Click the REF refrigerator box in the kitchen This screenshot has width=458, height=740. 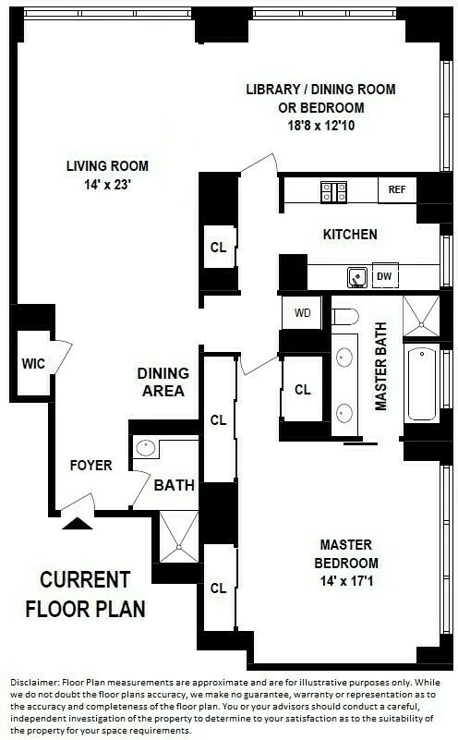[x=397, y=189]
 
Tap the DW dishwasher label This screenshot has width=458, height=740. [x=385, y=275]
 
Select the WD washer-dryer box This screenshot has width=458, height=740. [x=302, y=312]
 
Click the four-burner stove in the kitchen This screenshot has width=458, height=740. [x=333, y=191]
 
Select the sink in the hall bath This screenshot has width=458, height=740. [x=147, y=449]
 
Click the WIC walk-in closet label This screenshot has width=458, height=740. [x=32, y=363]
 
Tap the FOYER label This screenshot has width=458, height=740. [x=90, y=466]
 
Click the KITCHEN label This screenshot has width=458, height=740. [x=349, y=235]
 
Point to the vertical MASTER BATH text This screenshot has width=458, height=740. [x=380, y=367]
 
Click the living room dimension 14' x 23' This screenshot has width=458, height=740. [x=107, y=184]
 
